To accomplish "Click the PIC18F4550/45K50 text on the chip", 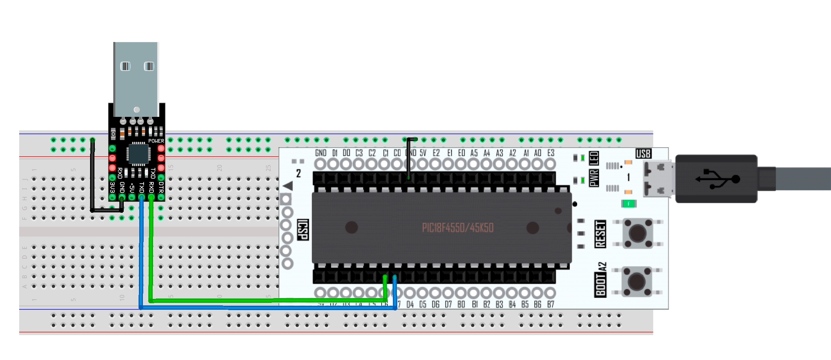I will (458, 228).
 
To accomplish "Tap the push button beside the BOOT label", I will (637, 281).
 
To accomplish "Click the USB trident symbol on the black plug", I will (717, 179).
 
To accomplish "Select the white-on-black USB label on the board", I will (643, 153).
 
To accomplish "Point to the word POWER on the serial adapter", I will (156, 141).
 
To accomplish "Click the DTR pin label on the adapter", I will (161, 187).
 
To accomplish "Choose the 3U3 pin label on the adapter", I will (112, 187).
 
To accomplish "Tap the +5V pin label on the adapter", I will (132, 187).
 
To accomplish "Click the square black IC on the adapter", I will (137, 154).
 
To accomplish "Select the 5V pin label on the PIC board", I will (423, 153).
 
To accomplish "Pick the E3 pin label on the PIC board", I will (551, 153).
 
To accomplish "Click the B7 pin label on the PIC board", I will (551, 305).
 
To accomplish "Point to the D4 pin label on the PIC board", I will (410, 305).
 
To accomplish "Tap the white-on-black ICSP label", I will (302, 229).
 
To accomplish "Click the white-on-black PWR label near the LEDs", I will (594, 178).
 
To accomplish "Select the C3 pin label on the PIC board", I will (359, 153).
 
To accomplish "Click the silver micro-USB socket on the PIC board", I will (658, 179).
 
